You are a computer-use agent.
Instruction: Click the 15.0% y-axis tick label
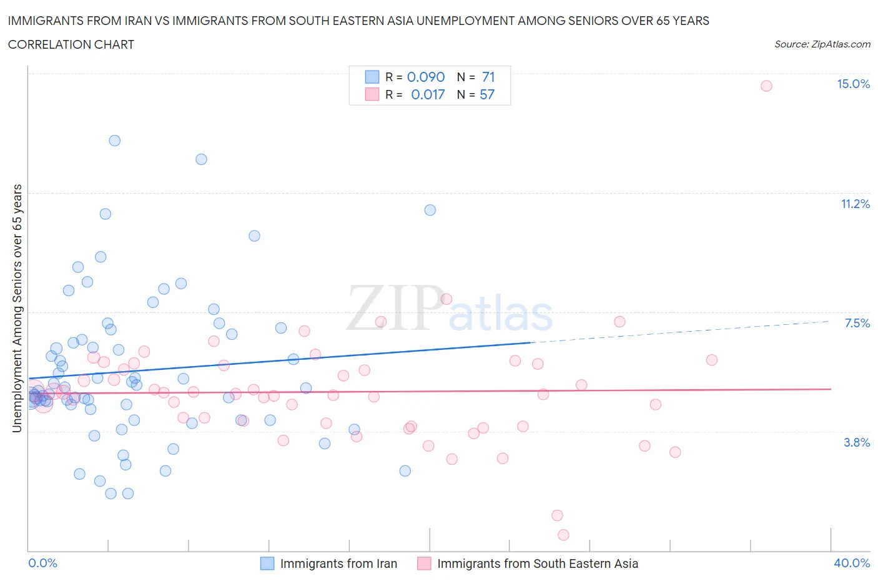coord(853,84)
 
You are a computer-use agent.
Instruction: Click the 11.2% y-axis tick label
coord(855,204)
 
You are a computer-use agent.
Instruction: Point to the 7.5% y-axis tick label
coord(857,323)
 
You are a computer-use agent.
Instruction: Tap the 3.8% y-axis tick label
coord(857,442)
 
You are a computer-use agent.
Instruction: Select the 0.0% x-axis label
coord(42,563)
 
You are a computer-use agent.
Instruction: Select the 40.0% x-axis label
coord(852,563)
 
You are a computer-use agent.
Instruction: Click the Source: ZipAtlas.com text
coord(822,44)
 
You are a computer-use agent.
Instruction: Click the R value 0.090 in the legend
coord(425,77)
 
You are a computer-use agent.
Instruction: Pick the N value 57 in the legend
coord(486,94)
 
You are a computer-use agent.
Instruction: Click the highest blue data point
coord(115,141)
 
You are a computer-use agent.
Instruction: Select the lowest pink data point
coord(563,535)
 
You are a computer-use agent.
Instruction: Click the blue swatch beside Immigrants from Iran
coord(267,564)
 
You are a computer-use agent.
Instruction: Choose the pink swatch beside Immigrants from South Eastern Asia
coord(424,564)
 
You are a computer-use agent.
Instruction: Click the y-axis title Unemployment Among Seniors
coord(17,308)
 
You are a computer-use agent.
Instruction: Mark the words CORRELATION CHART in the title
coord(71,44)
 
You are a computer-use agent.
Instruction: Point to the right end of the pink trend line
coord(831,389)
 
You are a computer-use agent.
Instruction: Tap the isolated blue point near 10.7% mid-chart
coord(430,210)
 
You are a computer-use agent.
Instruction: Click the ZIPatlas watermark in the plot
coord(450,309)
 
